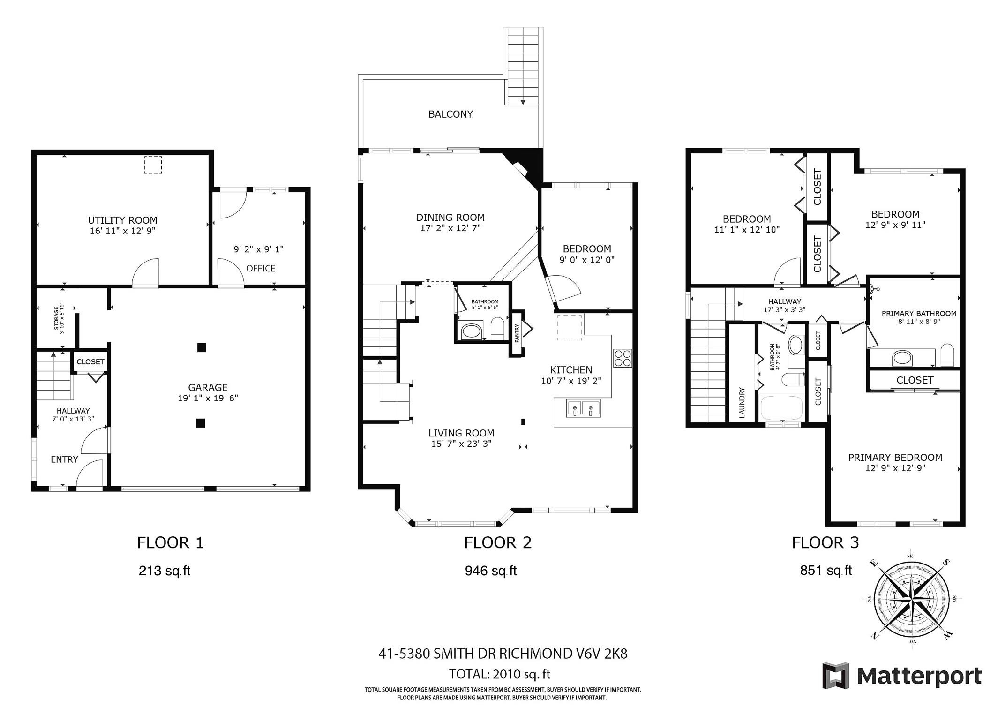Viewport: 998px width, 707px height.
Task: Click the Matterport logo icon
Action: tap(836, 676)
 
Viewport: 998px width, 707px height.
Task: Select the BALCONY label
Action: tap(450, 114)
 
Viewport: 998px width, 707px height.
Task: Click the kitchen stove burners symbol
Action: tap(623, 358)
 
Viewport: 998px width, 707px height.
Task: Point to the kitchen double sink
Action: tap(583, 408)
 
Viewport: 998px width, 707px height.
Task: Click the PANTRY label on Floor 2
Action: tap(517, 333)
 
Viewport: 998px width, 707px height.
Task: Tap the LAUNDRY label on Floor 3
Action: tap(742, 402)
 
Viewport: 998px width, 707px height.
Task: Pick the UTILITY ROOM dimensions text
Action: tap(123, 231)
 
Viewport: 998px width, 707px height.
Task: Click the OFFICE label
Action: tap(261, 268)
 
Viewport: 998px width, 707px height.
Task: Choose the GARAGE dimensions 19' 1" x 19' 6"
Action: tap(208, 398)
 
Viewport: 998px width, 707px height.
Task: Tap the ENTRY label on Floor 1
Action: tap(64, 459)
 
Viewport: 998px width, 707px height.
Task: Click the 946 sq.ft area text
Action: tap(491, 571)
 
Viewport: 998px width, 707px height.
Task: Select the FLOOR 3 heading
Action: tap(825, 542)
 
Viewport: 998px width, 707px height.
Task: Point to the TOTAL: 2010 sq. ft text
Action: tap(500, 674)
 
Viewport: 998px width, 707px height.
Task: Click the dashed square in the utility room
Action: tap(153, 165)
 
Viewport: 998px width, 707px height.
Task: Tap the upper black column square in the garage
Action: tap(202, 347)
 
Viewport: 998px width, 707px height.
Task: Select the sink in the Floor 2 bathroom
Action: tap(472, 331)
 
